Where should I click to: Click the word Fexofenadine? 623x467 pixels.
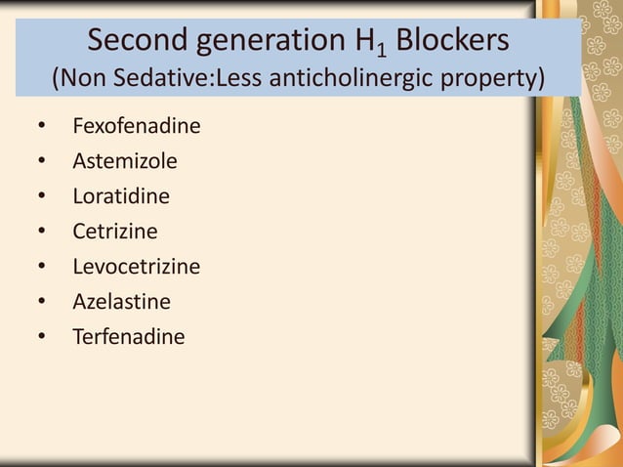(129, 126)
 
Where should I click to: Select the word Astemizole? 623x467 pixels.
(124, 161)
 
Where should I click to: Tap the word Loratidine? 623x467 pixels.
(120, 196)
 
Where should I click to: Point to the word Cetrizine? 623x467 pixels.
(114, 232)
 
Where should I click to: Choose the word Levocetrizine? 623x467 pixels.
(136, 267)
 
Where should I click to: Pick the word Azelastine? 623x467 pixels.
(121, 302)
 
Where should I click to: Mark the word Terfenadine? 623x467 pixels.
(128, 337)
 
